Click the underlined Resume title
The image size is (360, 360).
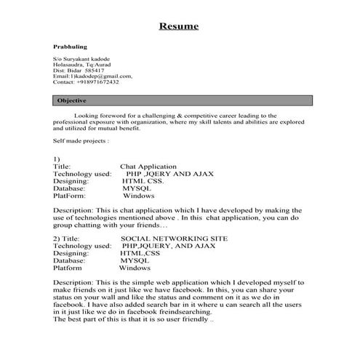pyautogui.click(x=179, y=27)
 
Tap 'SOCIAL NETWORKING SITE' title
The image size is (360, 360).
pyautogui.click(x=174, y=239)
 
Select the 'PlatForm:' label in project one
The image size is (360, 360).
pyautogui.click(x=70, y=196)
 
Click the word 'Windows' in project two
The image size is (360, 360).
pyautogui.click(x=135, y=267)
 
